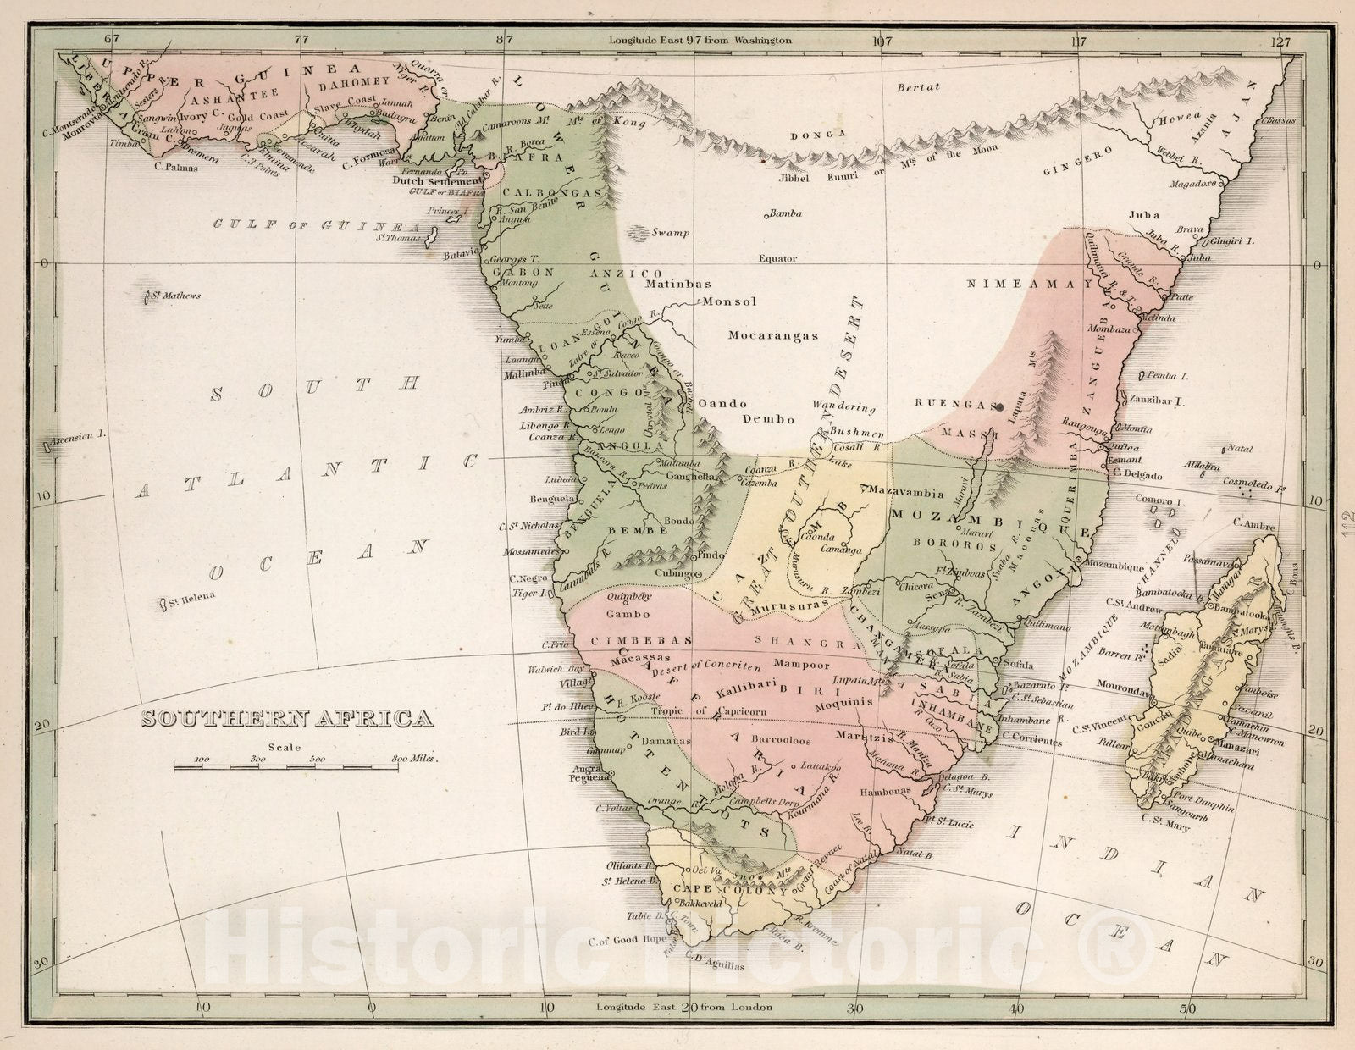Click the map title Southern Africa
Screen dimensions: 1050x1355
click(286, 719)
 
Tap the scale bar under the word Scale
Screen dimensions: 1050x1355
click(286, 767)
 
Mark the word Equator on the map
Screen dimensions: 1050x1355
click(777, 258)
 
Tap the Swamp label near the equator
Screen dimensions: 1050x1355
click(672, 233)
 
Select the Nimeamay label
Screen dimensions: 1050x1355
click(1030, 285)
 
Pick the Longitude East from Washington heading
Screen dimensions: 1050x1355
click(700, 40)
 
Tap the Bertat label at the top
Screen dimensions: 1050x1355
click(919, 86)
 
